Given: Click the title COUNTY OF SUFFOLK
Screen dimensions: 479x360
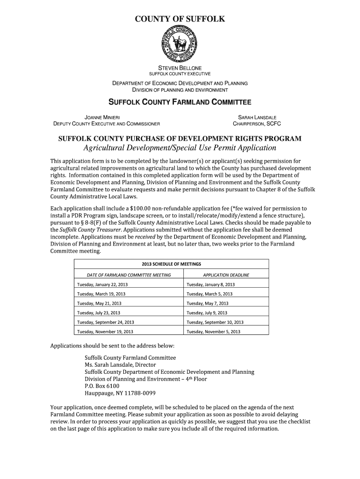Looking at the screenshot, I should [180, 19].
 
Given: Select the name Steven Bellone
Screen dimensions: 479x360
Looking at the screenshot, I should [180, 68].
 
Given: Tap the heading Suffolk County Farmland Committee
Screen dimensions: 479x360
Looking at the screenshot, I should [180, 102].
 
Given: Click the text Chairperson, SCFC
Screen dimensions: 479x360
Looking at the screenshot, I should [257, 124].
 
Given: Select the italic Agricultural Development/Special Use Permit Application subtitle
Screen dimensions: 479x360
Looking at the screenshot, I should [180, 148].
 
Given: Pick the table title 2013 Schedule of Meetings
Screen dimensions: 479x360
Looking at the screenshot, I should [171, 264].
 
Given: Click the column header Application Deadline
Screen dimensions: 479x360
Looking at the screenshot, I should [226, 275].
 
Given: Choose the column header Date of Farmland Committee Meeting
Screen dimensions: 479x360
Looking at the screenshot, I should [123, 275].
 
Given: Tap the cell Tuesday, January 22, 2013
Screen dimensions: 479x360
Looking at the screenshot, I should [102, 284].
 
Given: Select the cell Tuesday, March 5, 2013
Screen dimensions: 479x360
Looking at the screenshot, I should [209, 294].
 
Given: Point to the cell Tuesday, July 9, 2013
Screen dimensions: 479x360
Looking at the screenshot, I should [207, 313].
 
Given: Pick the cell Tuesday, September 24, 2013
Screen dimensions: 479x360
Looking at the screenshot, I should [106, 322].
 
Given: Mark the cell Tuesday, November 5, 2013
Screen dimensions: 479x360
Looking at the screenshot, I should [213, 332].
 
